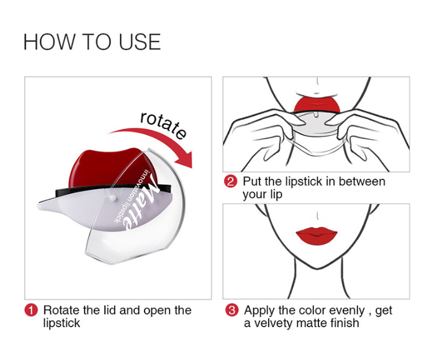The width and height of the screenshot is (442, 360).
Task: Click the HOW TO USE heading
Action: pos(92,42)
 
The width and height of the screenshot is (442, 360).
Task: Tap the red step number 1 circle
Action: pos(31,310)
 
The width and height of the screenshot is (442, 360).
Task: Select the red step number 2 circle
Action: pos(230,181)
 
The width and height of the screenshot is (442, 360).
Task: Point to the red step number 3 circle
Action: pos(232,310)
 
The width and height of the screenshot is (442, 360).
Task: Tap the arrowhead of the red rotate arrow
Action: pos(184,160)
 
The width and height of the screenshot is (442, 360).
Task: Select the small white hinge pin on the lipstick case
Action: pos(113,198)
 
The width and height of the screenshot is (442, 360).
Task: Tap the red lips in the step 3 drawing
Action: pos(317,235)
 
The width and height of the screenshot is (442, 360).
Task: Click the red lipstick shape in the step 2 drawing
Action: pos(317,104)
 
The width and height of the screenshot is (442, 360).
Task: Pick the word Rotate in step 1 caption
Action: pos(61,310)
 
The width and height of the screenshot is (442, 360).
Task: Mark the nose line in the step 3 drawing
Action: pos(318,215)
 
